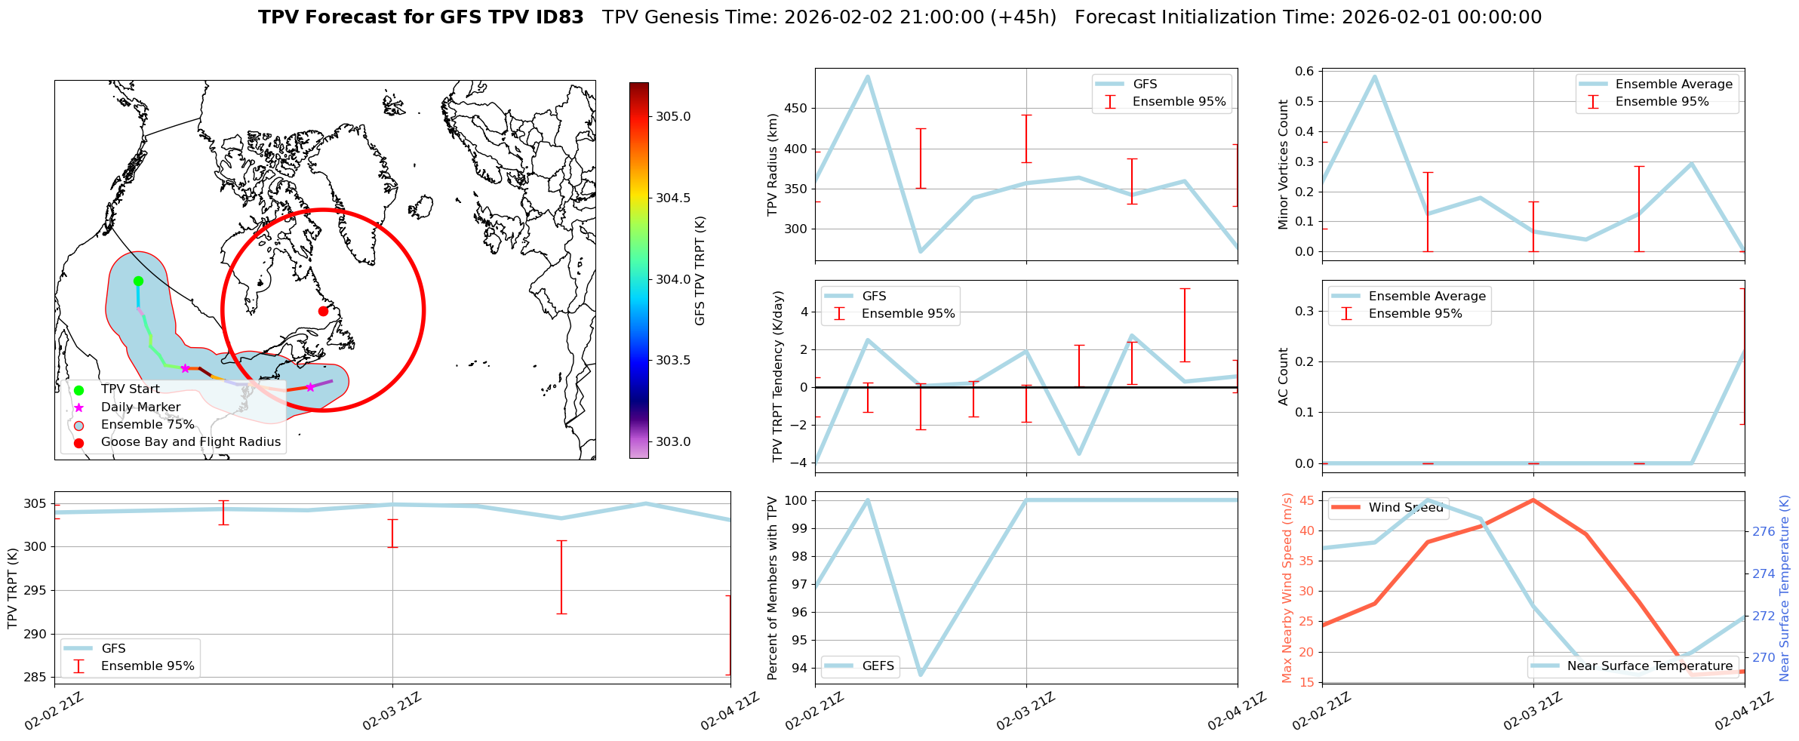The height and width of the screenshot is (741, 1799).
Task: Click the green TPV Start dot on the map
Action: (x=138, y=281)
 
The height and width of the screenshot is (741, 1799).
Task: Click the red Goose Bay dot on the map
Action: (x=323, y=311)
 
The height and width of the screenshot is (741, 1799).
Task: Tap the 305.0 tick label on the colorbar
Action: (x=673, y=117)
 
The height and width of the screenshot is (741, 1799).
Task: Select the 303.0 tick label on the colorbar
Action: (x=673, y=442)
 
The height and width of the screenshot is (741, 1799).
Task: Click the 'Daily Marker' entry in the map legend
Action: (x=140, y=407)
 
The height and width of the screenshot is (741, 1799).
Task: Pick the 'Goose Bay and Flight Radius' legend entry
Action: (x=190, y=442)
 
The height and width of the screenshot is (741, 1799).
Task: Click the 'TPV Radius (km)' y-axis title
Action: (x=772, y=164)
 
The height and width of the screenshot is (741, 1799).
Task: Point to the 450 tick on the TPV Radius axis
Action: (x=796, y=109)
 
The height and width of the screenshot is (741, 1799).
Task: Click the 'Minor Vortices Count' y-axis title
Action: (x=1283, y=164)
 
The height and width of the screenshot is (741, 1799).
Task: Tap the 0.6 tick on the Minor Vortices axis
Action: (x=1304, y=72)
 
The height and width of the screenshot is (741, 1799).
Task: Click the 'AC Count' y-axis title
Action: (x=1283, y=377)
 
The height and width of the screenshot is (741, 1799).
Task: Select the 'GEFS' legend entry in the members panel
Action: (x=878, y=666)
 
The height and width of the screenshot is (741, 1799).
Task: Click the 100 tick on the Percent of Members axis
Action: (x=796, y=500)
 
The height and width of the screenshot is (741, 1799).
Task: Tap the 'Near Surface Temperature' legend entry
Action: (x=1650, y=666)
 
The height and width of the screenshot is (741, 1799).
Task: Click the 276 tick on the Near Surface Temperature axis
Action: (x=1764, y=532)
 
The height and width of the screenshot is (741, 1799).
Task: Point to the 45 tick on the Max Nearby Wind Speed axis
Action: (x=1306, y=500)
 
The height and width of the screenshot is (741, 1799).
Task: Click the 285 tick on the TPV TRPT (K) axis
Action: (x=36, y=678)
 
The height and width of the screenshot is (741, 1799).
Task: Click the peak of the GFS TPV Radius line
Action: (x=868, y=76)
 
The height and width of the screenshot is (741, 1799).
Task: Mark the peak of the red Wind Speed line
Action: (x=1533, y=500)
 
